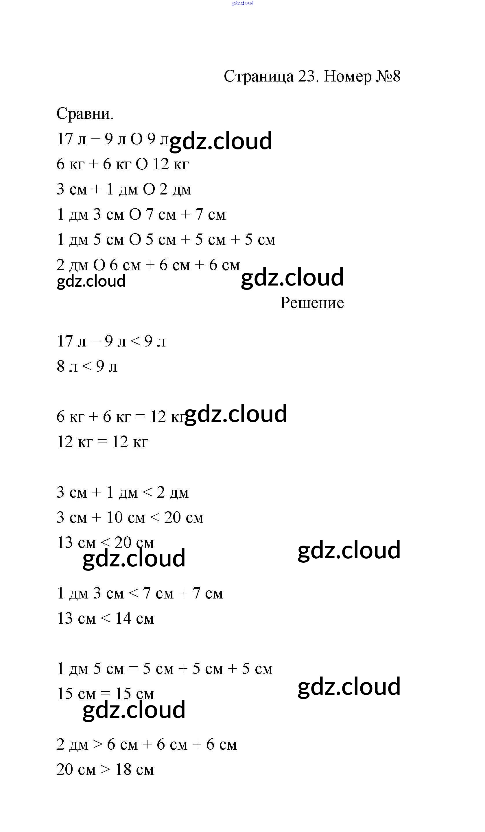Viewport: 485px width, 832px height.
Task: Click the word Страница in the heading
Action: coord(259,77)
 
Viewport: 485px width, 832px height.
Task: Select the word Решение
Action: coord(312,303)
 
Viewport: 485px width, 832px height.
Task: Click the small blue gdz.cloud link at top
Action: coord(242,3)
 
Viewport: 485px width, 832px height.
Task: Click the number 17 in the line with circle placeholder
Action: coord(65,139)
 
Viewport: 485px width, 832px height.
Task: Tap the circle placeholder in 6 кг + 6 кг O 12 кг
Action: coord(141,164)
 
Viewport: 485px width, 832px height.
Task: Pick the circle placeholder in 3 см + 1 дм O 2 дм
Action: coord(149,190)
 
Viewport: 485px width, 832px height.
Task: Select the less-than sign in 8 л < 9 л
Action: coord(86,366)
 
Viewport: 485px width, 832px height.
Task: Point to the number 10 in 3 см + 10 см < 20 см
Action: coord(114,517)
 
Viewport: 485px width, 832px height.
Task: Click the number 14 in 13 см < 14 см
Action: coord(123,618)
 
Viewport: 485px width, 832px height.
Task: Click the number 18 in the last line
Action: coord(123,770)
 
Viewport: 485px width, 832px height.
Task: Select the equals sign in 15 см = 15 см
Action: coord(105,694)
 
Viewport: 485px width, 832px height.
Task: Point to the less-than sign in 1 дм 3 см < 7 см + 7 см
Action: coord(133,593)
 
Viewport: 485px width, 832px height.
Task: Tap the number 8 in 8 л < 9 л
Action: coord(60,366)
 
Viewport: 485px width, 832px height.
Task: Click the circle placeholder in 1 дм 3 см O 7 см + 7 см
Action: coord(135,215)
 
